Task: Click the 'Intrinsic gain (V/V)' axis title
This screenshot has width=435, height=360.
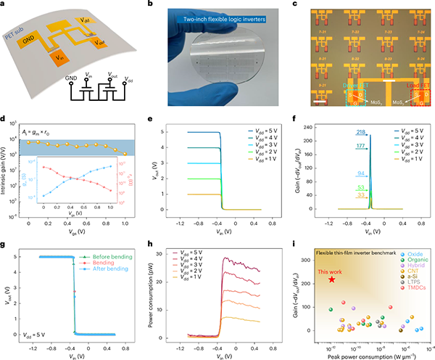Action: click(7, 173)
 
